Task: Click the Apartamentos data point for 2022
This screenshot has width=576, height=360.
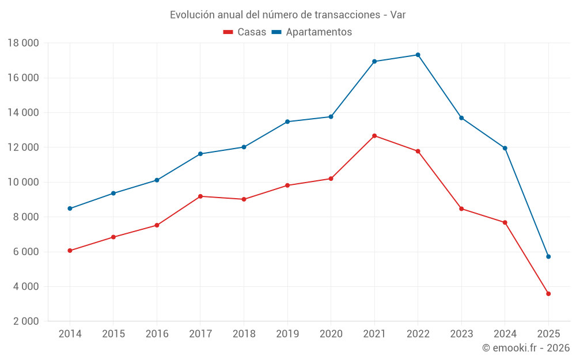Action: coord(418,55)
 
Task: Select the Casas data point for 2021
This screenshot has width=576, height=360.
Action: coord(374,136)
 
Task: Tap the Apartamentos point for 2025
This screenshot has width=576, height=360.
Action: coord(548,256)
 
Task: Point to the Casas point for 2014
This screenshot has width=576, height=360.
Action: coord(70,251)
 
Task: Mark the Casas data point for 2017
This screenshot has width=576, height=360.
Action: coord(200,196)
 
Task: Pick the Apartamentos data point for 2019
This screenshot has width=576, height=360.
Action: coord(287,122)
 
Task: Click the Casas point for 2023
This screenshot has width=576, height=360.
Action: coord(461,209)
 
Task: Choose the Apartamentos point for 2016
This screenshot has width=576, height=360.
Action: coord(157,180)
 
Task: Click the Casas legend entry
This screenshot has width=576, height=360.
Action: coord(245,32)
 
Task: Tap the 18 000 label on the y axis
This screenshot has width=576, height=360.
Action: coord(23,43)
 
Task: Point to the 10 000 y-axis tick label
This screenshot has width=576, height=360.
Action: coord(23,183)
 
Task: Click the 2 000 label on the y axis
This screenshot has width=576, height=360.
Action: coord(23,321)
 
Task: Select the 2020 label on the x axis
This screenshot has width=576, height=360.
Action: coord(331,334)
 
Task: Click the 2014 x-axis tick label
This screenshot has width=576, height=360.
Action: coord(70,334)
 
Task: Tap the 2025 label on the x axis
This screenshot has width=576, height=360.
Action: coord(548,334)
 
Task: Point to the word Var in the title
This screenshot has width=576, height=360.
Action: coord(398,15)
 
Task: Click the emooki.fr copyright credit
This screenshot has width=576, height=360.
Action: coord(525,348)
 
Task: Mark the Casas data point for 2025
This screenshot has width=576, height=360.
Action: coord(548,294)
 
